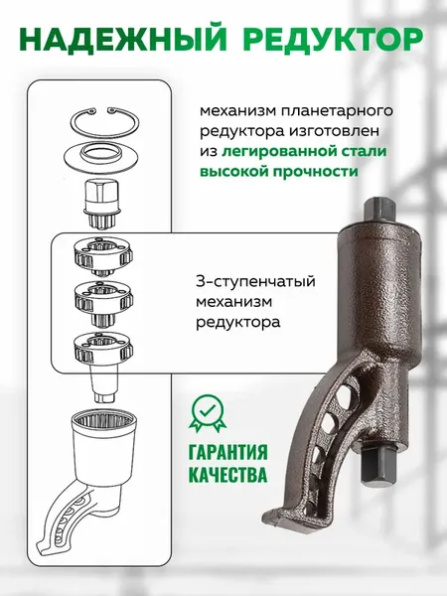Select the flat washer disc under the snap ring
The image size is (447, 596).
coord(102,155)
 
